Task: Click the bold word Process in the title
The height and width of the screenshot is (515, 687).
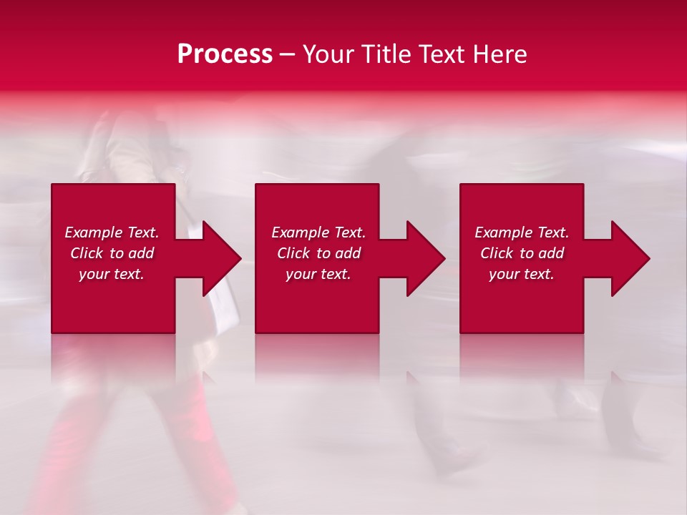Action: click(x=225, y=54)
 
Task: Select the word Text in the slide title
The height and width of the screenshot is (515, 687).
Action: click(x=442, y=54)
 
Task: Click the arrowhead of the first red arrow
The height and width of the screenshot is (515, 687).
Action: click(x=222, y=258)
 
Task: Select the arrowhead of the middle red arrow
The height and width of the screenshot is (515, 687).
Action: click(x=426, y=258)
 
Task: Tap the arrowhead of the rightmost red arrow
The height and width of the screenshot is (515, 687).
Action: click(x=630, y=258)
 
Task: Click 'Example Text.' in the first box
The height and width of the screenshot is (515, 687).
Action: click(x=112, y=232)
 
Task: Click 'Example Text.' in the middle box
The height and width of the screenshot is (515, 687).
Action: click(x=318, y=232)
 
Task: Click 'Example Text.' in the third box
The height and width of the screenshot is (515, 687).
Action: click(x=522, y=232)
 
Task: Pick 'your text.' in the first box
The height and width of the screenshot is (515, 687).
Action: click(x=112, y=274)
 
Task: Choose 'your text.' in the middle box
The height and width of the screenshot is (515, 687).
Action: click(x=318, y=274)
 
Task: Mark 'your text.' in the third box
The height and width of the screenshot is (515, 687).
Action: click(x=522, y=274)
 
